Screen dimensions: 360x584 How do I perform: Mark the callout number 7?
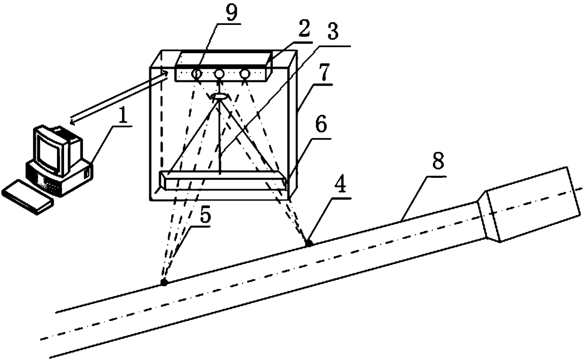[322, 74]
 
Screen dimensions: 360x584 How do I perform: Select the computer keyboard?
[27, 198]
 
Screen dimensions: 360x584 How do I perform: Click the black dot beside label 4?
[308, 243]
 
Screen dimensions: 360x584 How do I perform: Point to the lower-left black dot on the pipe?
[164, 282]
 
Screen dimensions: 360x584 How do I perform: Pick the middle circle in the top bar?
[219, 73]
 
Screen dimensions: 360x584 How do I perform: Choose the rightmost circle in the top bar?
[244, 73]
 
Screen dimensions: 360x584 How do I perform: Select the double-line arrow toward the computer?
[118, 96]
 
